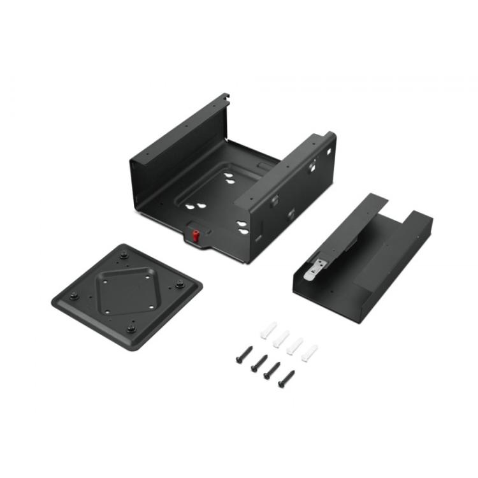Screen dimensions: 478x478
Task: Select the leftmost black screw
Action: (x=243, y=354)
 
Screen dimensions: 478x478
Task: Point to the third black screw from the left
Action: (x=272, y=370)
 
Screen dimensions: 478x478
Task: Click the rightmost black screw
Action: (x=287, y=378)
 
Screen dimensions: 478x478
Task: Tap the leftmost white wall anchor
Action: (x=268, y=330)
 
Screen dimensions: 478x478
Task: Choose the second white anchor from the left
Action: (x=281, y=338)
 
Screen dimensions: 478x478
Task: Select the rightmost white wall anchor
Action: (x=309, y=352)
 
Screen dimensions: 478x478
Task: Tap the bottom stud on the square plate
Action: (x=131, y=328)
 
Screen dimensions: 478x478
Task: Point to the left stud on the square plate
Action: (x=73, y=295)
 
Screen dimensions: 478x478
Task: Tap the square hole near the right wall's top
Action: (x=328, y=151)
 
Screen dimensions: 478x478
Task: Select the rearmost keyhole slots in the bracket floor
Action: (x=231, y=180)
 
